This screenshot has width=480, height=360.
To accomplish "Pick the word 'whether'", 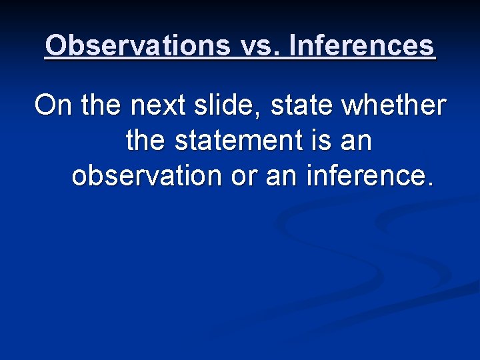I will click(x=393, y=105).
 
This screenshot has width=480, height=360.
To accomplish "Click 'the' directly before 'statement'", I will click(x=147, y=141).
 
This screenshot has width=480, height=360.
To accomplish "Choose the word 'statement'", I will click(x=241, y=141).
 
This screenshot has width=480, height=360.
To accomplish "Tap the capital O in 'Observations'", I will click(x=57, y=45).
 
